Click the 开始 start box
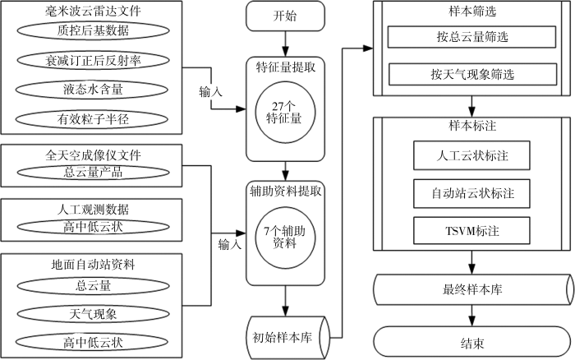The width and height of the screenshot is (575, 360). (283, 16)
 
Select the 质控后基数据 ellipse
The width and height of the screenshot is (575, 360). (94, 31)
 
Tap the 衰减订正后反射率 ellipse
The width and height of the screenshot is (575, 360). (94, 60)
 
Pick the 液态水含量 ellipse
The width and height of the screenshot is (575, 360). (94, 87)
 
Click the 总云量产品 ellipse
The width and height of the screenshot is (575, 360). (94, 173)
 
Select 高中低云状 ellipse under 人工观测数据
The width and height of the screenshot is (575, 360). (94, 227)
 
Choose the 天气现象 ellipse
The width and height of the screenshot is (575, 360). (94, 313)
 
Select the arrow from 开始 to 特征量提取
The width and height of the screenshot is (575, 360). (283, 44)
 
